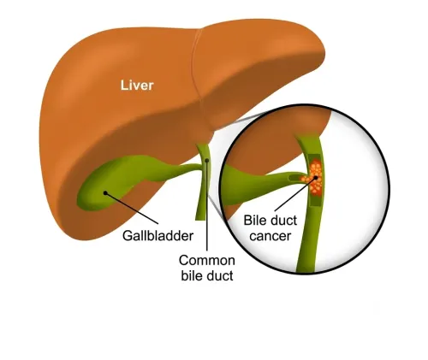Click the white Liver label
137,86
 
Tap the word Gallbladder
158,236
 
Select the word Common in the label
207,260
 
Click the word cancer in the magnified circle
270,236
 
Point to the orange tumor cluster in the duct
313,177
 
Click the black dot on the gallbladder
105,193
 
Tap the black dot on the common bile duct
207,161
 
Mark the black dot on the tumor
316,178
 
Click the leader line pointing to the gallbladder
132,209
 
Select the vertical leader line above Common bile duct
207,205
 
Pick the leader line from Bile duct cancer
295,194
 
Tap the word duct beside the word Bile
282,221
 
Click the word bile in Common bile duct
192,275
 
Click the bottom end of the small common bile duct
200,219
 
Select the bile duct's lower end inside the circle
306,269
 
